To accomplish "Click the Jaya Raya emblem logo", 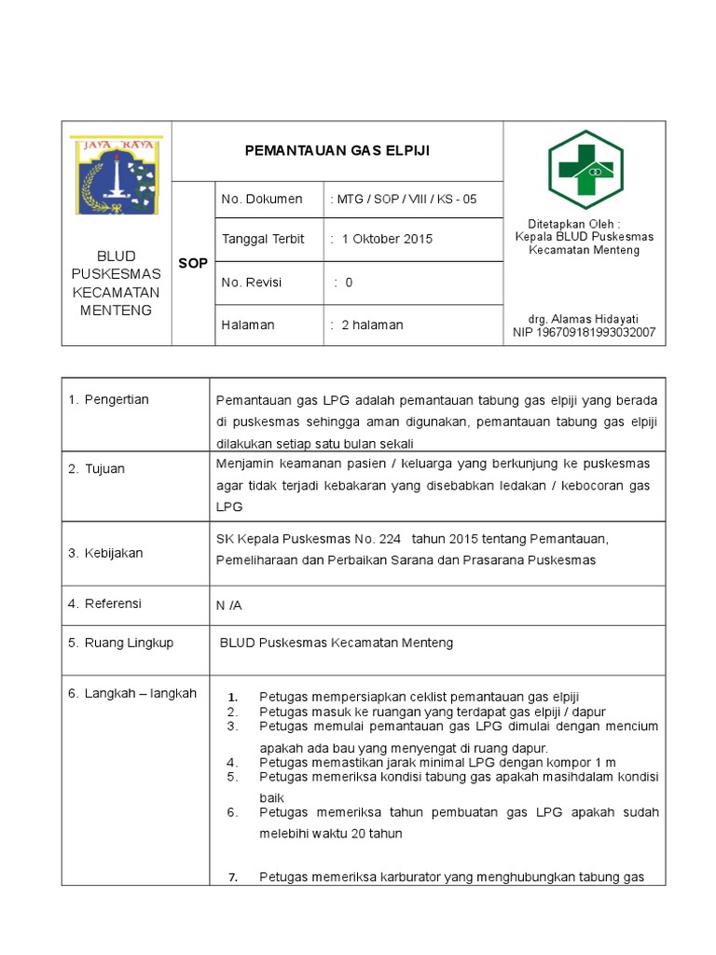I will [x=117, y=175].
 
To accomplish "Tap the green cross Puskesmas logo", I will [x=585, y=169].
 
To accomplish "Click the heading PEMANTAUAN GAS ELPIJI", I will [x=337, y=150].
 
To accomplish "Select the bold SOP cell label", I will [x=193, y=264].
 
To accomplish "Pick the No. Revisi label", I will [x=251, y=283].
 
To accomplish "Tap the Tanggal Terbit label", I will [x=263, y=239].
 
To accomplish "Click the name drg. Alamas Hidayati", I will [x=584, y=319].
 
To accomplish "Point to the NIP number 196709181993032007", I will [x=584, y=332].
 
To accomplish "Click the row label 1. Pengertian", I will [x=108, y=400].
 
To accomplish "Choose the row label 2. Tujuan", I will [x=97, y=469].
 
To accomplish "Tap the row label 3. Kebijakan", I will [x=105, y=553].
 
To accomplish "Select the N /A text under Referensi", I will [x=228, y=605].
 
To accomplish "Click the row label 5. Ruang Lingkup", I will [x=120, y=643].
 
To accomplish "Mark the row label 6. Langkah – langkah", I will [x=131, y=693].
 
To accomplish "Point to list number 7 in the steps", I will [x=234, y=877].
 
